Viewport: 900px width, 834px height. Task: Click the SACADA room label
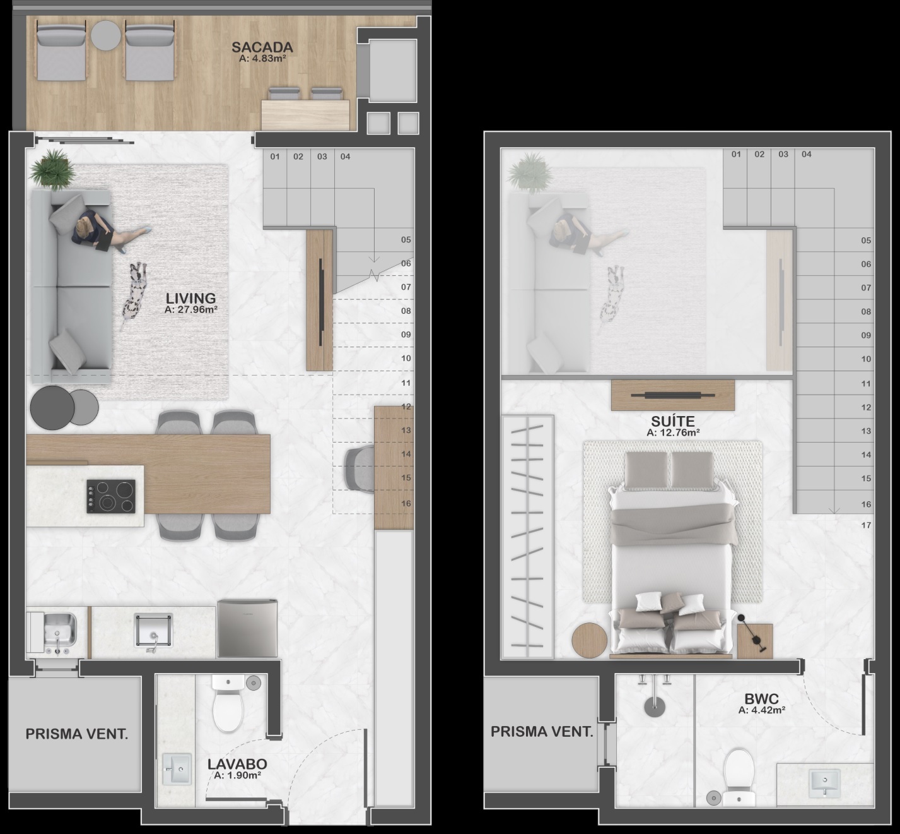point(262,47)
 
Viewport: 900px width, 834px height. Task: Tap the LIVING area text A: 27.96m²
point(191,310)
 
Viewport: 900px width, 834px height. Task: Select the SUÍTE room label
point(673,421)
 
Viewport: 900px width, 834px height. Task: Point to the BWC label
point(761,699)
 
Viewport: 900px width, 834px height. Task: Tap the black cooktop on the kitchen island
point(111,496)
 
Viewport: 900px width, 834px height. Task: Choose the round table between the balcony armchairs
point(105,35)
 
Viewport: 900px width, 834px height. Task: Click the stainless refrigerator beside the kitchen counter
point(247,629)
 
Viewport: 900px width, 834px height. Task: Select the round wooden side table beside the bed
point(589,640)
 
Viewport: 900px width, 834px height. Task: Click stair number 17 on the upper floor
point(866,525)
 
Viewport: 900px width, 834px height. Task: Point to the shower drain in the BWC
point(655,707)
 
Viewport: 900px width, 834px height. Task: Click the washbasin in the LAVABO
point(177,769)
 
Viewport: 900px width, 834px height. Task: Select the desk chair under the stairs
point(359,469)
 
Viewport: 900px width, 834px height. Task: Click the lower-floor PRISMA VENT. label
point(76,734)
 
